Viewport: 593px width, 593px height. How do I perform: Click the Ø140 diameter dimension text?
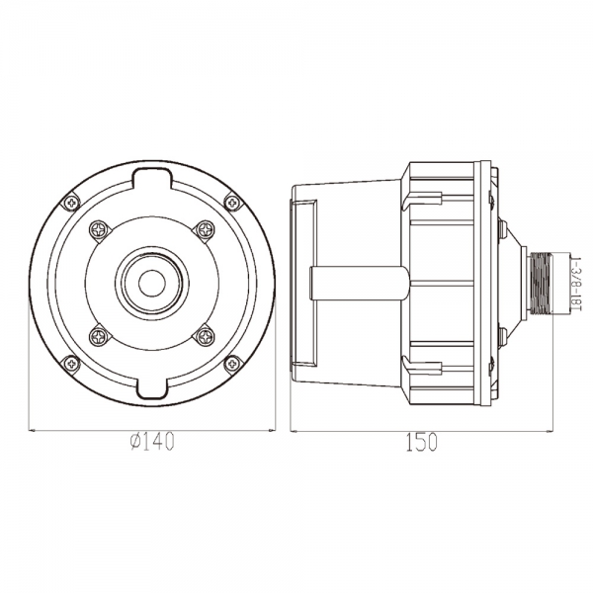tap(151, 442)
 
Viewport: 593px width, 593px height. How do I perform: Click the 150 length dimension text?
tap(421, 442)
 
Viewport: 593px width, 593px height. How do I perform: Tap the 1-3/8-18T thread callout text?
tap(576, 284)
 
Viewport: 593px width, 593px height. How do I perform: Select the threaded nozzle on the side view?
tap(541, 283)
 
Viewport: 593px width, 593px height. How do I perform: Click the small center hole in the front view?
tap(151, 284)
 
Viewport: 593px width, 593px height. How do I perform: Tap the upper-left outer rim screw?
tap(71, 203)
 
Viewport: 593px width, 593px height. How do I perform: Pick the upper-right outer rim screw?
tap(232, 203)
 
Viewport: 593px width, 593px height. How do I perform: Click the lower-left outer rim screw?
tap(71, 364)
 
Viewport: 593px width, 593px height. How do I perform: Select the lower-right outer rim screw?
tap(232, 364)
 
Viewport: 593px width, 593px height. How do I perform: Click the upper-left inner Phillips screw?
tap(100, 230)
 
